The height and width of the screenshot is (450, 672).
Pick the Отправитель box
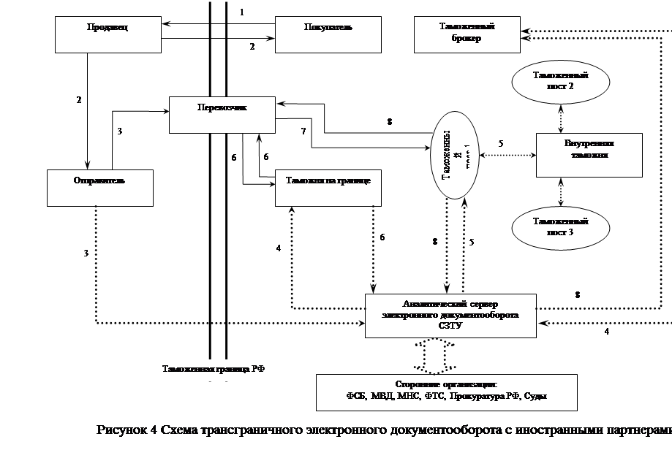100,187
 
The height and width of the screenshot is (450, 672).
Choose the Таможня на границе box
328,188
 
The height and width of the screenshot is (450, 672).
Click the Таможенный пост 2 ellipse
561,81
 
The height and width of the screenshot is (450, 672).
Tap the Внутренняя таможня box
589,155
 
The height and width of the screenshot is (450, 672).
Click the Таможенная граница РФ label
213,369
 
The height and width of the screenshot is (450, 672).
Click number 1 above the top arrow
242,12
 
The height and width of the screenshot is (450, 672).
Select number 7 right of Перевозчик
302,132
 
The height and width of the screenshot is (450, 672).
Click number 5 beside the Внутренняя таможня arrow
501,144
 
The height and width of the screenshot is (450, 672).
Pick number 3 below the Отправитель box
86,253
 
